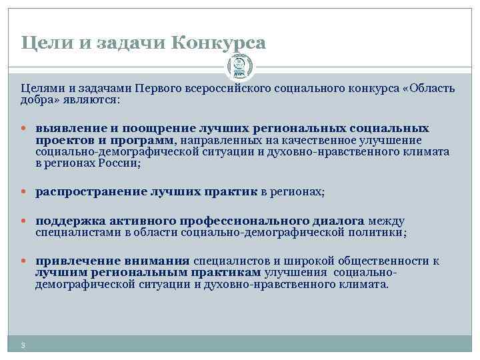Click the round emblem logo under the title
(x=239, y=67)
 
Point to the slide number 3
(x=23, y=345)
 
